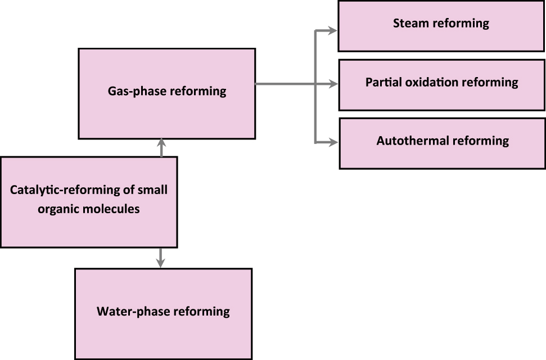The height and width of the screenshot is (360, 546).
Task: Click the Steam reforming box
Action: click(441, 26)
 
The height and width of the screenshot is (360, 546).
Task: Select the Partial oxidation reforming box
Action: click(441, 84)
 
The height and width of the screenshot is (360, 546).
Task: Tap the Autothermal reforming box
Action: click(442, 143)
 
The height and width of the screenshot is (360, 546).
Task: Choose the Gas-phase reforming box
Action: click(166, 93)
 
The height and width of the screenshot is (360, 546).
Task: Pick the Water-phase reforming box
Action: click(163, 313)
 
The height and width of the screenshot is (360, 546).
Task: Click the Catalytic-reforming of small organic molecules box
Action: click(89, 201)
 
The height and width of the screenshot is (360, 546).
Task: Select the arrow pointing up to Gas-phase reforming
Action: click(161, 144)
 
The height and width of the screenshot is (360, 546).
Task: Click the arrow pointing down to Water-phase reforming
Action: click(161, 262)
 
